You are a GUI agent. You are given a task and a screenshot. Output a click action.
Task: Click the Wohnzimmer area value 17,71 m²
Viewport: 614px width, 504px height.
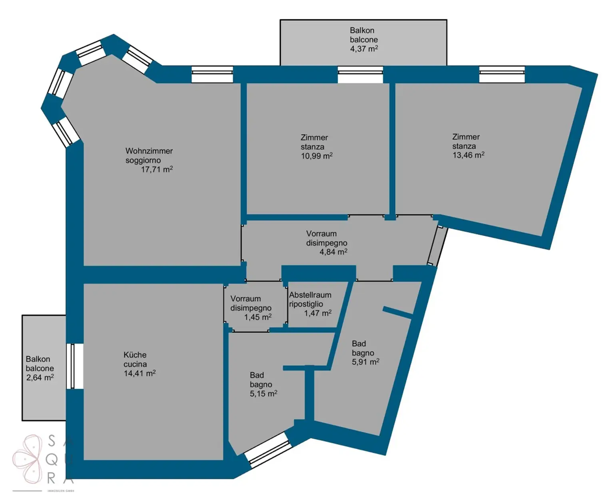tap(157, 169)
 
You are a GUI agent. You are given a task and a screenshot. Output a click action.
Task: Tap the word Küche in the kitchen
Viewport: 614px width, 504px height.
tap(135, 355)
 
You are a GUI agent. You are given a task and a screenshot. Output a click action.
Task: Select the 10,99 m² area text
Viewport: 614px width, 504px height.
tap(317, 156)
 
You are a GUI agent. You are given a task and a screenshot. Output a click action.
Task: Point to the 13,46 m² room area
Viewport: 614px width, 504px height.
tap(468, 155)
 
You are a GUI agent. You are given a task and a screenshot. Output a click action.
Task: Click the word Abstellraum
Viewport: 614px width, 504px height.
tap(310, 295)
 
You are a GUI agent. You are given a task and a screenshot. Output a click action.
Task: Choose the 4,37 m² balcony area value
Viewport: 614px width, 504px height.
tap(364, 49)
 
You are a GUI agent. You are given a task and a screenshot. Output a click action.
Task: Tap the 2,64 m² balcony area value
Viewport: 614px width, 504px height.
tap(40, 378)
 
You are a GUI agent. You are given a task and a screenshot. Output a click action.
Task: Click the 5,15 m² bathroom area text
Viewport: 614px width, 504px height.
tap(263, 394)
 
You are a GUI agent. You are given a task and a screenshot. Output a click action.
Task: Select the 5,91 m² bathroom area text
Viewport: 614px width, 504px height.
tap(365, 362)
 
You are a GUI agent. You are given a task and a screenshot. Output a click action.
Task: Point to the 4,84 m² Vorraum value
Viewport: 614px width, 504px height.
tap(333, 252)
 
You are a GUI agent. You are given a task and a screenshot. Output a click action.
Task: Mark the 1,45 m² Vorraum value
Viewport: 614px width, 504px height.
tap(258, 317)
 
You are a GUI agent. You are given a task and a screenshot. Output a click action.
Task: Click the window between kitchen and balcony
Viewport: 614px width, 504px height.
tap(74, 366)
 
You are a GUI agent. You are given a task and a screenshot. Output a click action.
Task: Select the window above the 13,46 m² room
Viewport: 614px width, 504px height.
tap(502, 74)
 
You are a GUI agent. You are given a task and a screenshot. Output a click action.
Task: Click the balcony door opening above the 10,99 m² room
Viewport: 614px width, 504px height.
tap(360, 74)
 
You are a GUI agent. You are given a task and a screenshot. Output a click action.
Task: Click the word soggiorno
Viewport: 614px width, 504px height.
tap(143, 160)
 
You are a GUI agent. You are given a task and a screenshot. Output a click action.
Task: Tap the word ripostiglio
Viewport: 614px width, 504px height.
tap(306, 304)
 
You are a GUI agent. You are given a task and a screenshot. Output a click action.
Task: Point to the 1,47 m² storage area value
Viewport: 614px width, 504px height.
tap(318, 313)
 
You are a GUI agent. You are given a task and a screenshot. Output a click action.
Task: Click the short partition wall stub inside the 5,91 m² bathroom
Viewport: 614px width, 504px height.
tap(397, 312)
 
